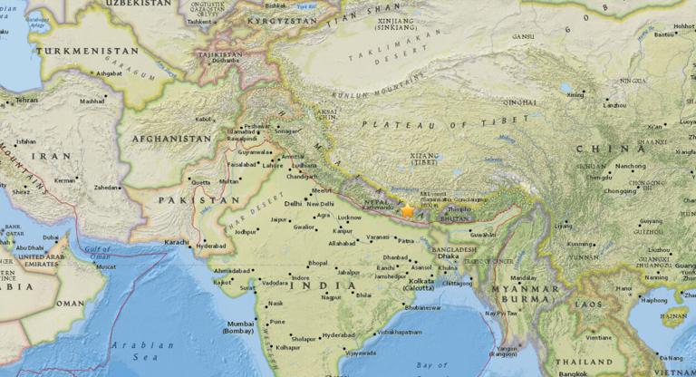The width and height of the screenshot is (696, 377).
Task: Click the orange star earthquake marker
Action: click(408, 210)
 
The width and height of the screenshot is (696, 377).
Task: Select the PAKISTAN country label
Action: click(188, 199)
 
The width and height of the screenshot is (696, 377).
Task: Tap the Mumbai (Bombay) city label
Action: click(240, 328)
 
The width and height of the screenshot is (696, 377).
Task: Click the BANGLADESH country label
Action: click(454, 249)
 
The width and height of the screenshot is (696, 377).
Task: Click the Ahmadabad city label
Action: click(232, 270)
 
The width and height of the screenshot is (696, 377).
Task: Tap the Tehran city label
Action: click(26, 100)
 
